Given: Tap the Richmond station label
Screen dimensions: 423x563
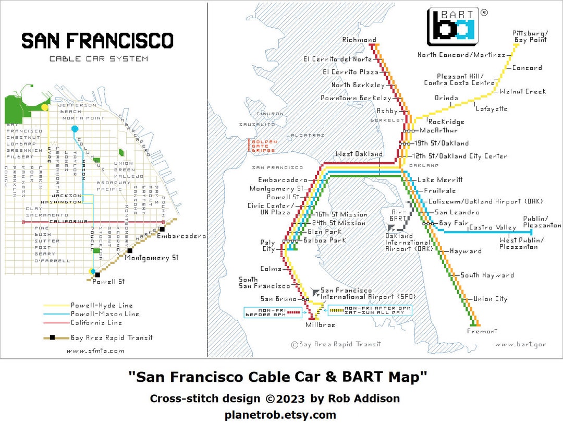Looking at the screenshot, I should pos(359,40).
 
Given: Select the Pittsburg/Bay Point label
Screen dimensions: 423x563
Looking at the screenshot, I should pos(530,36).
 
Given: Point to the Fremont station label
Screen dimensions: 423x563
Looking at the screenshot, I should pos(482,331).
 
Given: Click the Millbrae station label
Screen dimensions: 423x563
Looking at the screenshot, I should pos(320,325).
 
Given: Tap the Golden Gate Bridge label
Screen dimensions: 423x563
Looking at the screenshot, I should pos(264,146).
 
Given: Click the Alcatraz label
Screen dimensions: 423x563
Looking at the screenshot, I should pos(307,135).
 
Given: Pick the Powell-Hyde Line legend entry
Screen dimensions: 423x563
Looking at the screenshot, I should pos(102,305).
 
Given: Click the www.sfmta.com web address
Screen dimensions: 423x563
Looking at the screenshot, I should pos(95,351).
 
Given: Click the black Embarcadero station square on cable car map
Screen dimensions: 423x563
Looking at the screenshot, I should pos(162,228).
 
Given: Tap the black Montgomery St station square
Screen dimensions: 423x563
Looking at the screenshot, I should pos(129,251).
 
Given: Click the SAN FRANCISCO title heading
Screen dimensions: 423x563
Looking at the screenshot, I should pos(97,41).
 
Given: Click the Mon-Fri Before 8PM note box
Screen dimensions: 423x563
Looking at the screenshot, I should pos(273,312).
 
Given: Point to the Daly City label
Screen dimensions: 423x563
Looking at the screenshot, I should pos(268,246).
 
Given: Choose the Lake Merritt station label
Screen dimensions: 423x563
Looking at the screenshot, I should pos(439,179).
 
